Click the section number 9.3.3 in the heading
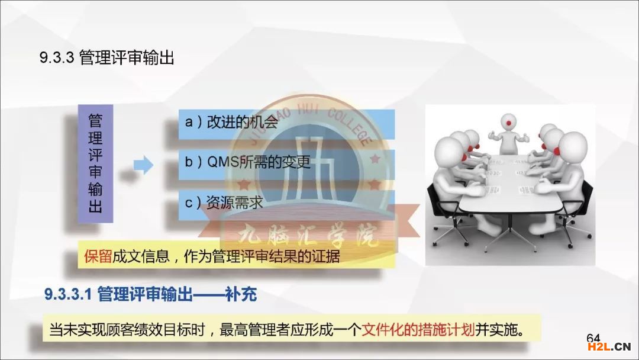[x=57, y=57]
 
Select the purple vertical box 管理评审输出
[x=95, y=163]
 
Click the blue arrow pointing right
[x=143, y=165]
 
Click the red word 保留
[x=98, y=256]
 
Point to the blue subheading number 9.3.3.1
[x=68, y=294]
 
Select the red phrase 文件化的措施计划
[x=418, y=329]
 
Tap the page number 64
[x=593, y=338]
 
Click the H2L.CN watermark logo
[x=609, y=347]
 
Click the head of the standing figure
[x=508, y=122]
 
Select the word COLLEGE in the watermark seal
[x=350, y=126]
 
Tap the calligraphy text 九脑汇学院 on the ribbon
[x=308, y=236]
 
